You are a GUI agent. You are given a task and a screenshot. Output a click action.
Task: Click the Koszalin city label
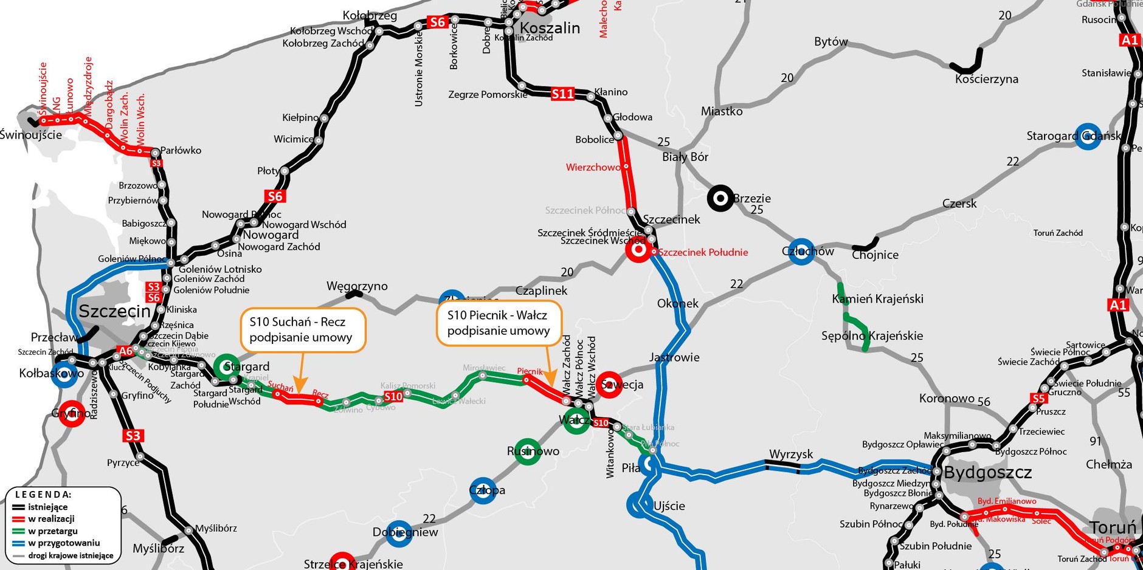(x=550, y=28)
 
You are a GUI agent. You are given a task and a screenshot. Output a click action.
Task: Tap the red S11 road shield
(x=562, y=94)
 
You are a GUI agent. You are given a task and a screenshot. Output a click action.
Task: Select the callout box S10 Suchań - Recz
(x=303, y=330)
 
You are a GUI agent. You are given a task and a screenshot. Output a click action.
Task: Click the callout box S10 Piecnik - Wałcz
(x=499, y=323)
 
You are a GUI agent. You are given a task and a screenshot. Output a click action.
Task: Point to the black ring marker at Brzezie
(x=720, y=198)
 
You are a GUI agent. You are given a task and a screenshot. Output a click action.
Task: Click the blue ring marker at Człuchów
(x=801, y=251)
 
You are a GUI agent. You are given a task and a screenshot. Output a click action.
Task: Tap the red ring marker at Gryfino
(x=71, y=414)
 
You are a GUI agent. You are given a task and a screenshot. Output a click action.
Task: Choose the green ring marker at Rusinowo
(x=527, y=452)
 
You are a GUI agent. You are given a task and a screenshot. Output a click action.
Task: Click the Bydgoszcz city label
(x=987, y=473)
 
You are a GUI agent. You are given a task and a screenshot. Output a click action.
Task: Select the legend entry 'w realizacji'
(x=51, y=519)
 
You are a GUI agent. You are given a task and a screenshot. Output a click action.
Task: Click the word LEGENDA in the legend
(x=43, y=495)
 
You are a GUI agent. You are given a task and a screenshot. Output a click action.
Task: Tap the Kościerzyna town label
(x=986, y=79)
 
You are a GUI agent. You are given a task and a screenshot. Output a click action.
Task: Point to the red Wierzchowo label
(x=593, y=167)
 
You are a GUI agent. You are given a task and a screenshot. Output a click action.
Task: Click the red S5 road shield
(x=1038, y=399)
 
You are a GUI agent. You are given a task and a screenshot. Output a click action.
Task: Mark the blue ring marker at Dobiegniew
(x=399, y=533)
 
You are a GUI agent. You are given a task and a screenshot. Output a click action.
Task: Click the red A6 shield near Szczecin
(x=125, y=351)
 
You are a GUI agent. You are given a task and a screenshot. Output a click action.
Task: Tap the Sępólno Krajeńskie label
(x=872, y=335)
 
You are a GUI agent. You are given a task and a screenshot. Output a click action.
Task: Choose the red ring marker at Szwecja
(x=609, y=385)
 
